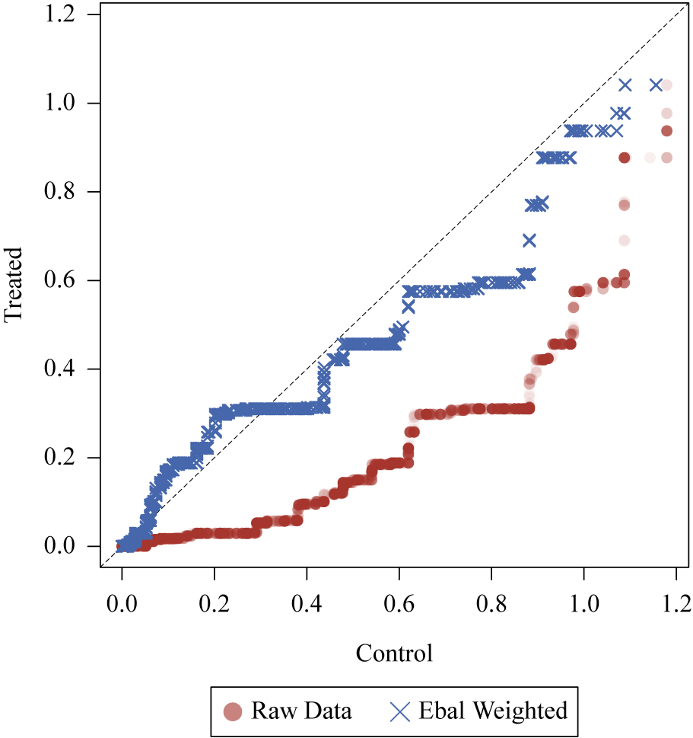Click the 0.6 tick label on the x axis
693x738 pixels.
tap(399, 606)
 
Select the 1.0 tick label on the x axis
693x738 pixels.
tap(583, 606)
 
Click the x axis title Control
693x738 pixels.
tap(394, 653)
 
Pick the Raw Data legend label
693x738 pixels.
tap(301, 712)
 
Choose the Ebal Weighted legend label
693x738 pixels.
tap(493, 712)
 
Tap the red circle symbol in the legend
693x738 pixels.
tap(233, 712)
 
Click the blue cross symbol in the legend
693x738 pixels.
tap(400, 712)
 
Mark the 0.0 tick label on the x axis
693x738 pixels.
tap(121, 606)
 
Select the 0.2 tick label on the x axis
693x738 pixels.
tap(214, 606)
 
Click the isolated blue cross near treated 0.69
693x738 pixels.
tap(529, 241)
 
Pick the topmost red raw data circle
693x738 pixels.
tap(666, 85)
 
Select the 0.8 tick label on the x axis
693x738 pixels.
tap(491, 606)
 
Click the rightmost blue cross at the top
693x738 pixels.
tap(656, 85)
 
